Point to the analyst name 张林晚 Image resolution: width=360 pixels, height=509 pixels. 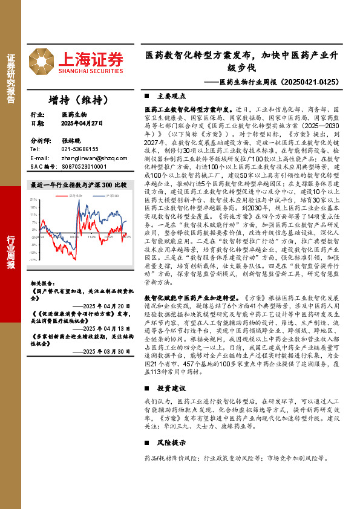[x=70, y=140]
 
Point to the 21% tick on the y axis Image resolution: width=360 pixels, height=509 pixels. [x=33, y=199]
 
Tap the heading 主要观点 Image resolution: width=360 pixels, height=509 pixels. [x=169, y=96]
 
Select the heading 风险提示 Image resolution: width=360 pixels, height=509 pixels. [x=169, y=426]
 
